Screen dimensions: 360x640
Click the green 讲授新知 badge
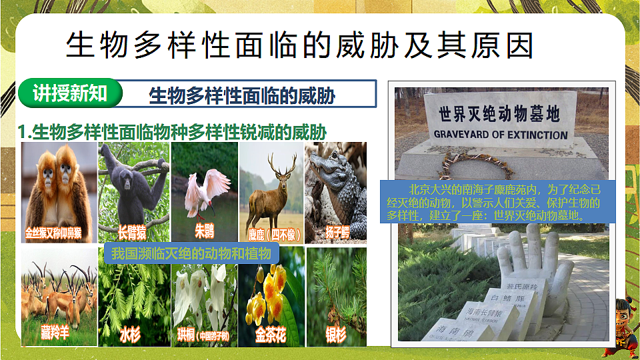point(70,94)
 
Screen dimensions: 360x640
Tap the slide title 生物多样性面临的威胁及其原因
point(300,46)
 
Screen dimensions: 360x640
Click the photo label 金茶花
point(271,334)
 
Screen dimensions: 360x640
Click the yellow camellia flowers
point(267,293)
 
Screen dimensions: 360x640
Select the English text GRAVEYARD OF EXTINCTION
point(501,134)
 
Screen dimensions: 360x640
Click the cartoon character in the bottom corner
point(622,327)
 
